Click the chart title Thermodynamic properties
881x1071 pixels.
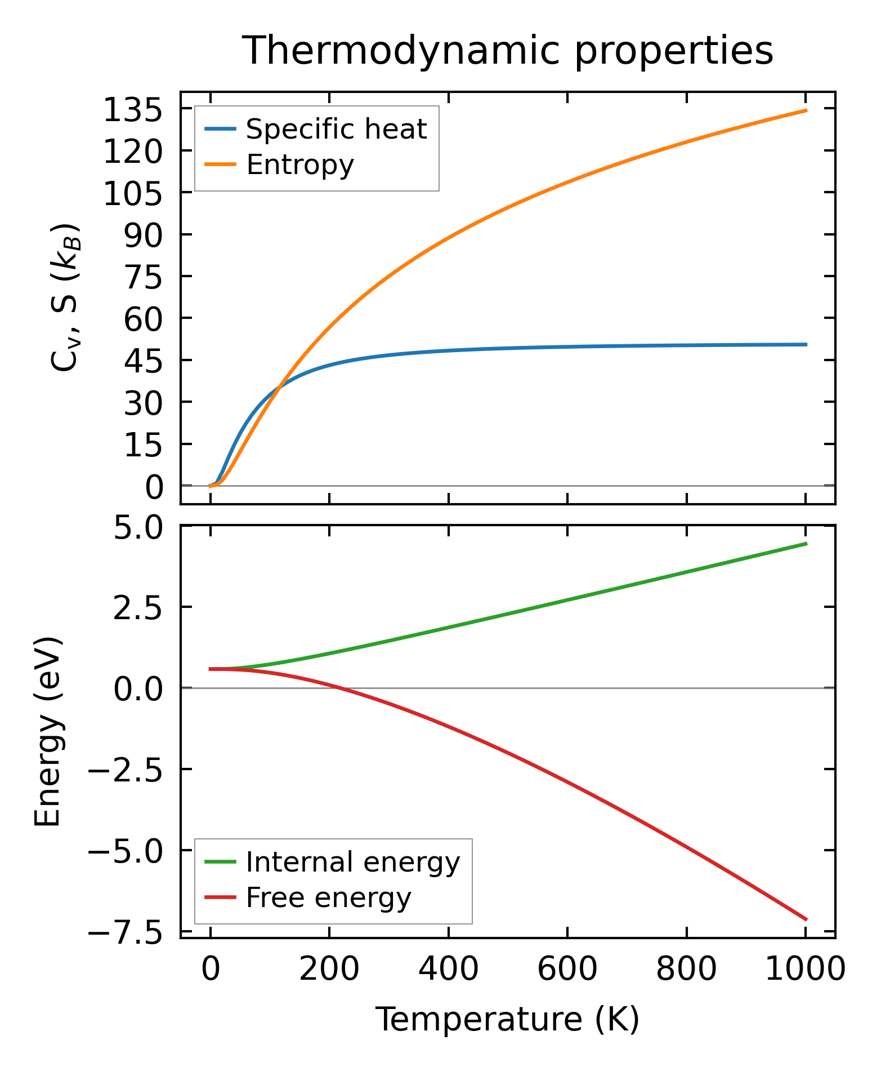click(x=507, y=51)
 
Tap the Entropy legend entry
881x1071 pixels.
click(x=300, y=165)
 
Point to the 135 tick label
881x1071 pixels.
click(x=133, y=110)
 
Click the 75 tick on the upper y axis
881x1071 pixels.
click(x=143, y=277)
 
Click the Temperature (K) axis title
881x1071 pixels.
click(x=507, y=1020)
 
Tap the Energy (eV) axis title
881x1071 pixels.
click(x=47, y=732)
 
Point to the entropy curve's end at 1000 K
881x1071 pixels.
click(x=806, y=110)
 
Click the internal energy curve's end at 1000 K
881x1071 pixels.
click(x=806, y=544)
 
